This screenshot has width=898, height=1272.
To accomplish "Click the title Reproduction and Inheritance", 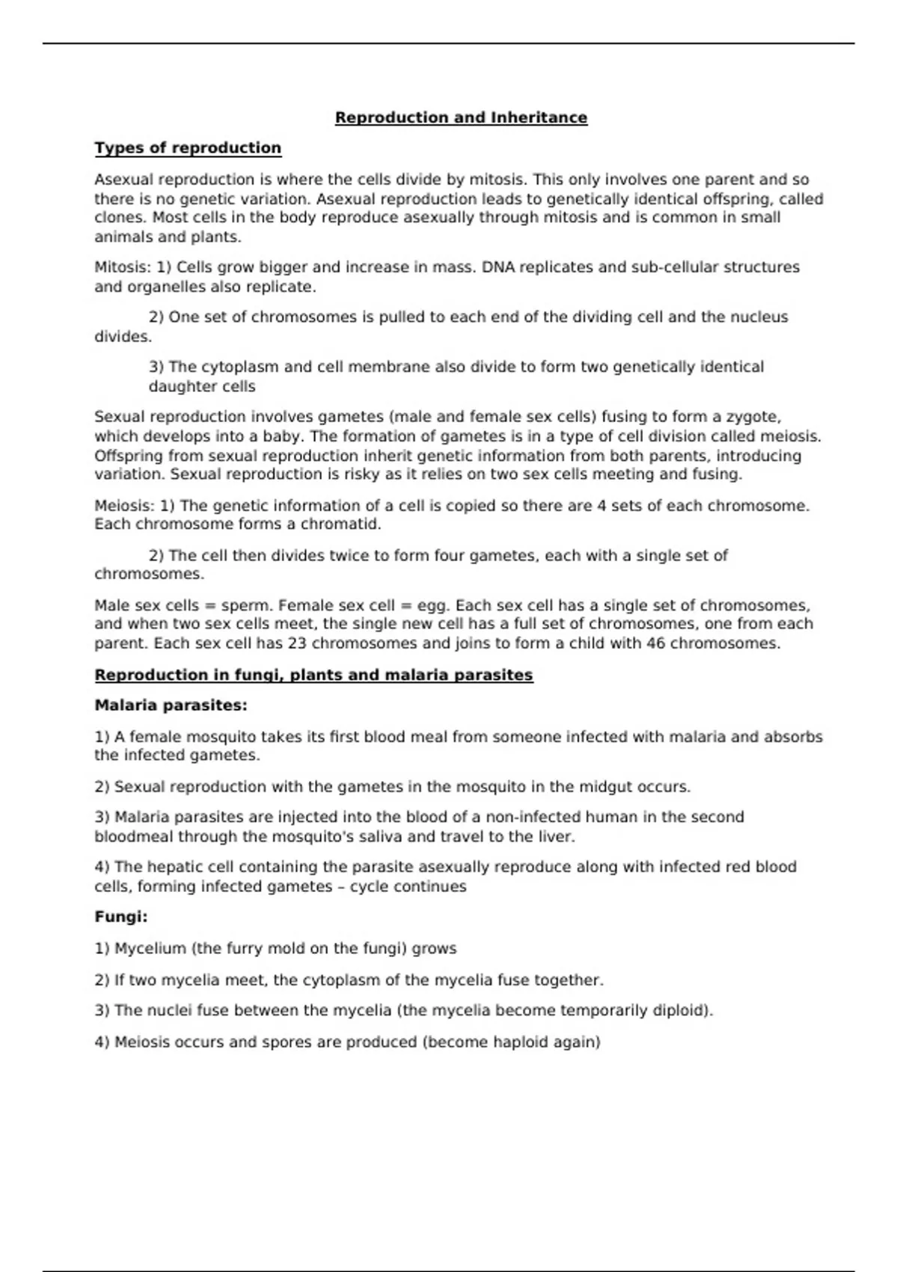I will point(461,117).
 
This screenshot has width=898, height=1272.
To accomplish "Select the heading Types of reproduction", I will point(188,148).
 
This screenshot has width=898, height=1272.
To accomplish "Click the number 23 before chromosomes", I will point(297,643).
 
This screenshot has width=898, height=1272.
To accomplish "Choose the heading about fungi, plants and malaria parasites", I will point(314,675).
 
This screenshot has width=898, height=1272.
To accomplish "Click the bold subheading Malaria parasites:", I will point(171,706).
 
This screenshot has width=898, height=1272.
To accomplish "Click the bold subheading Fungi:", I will point(121,917).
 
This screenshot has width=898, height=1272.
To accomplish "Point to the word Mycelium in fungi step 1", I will point(150,949).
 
